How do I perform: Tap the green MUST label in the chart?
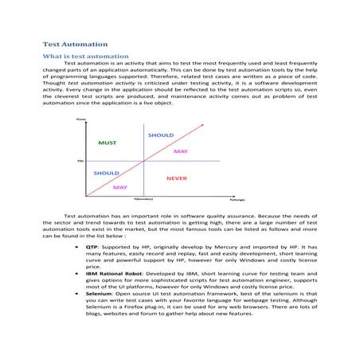pyautogui.click(x=107, y=143)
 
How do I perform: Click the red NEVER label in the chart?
pyautogui.click(x=177, y=178)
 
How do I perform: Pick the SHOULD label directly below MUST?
pyautogui.click(x=107, y=173)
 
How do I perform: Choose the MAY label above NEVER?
pyautogui.click(x=181, y=151)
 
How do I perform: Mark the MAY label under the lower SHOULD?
pyautogui.click(x=121, y=187)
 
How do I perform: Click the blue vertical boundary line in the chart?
pyautogui.click(x=143, y=159)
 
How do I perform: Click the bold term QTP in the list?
pyautogui.click(x=92, y=248)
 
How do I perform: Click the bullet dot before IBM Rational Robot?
pyautogui.click(x=75, y=273)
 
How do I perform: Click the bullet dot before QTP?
pyautogui.click(x=75, y=248)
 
